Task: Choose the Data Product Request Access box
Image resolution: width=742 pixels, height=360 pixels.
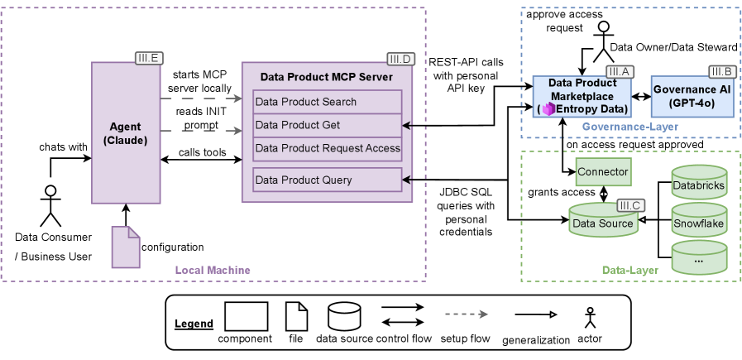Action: coord(327,148)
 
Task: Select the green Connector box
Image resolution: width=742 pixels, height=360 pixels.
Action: coord(603,171)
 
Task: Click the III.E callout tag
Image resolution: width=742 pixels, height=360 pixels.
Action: coord(149,57)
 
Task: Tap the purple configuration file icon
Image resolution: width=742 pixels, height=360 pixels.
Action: coord(126,246)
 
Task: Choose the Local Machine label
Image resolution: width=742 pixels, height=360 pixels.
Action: coord(212,271)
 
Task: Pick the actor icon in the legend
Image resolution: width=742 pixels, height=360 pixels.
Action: coord(590,319)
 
